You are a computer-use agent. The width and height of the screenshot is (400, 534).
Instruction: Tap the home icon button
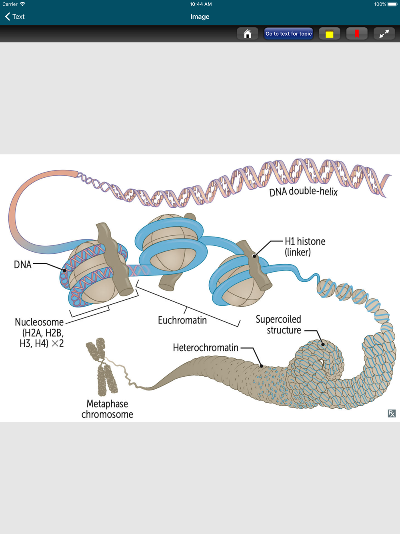coord(248,34)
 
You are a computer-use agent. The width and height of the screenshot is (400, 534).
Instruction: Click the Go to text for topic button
coord(288,34)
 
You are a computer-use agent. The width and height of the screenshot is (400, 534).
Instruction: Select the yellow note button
coord(329,34)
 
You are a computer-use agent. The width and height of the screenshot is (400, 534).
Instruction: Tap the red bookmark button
coord(357,34)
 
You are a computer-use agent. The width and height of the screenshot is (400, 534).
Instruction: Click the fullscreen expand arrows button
coord(384,34)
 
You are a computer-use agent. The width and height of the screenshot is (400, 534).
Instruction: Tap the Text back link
coord(15,16)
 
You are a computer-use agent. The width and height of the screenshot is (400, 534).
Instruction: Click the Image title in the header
coord(200,16)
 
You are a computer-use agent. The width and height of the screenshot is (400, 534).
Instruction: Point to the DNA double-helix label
coord(303,192)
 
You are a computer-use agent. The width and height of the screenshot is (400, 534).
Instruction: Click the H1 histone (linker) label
coord(305,247)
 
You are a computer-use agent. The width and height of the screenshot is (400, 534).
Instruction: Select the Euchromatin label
coord(182,320)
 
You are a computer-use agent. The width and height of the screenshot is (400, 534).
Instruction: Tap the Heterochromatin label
coord(206,347)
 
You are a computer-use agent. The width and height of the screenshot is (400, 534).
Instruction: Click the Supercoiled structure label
coord(278,325)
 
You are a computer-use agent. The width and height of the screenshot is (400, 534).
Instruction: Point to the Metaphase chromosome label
coord(107,409)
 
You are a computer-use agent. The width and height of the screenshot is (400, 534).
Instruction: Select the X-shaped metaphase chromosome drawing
coord(102,366)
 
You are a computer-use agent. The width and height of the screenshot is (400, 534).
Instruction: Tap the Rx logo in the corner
coord(392,414)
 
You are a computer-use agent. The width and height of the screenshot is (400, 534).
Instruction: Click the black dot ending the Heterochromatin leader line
coord(262,365)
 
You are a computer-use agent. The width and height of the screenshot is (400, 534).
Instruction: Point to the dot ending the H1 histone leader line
coord(254,256)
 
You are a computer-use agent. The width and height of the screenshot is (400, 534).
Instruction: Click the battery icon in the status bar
coord(392,4)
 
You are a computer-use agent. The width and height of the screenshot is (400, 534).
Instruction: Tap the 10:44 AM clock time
coord(201,4)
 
